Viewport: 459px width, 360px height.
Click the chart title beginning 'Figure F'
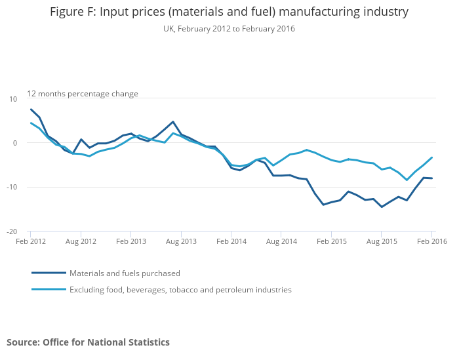(229, 12)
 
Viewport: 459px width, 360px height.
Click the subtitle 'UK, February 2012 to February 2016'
(229, 29)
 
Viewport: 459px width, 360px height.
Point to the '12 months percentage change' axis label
(83, 94)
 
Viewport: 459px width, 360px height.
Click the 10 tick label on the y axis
(13, 98)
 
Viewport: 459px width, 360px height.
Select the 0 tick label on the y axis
(15, 143)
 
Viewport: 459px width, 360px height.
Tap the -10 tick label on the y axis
(12, 188)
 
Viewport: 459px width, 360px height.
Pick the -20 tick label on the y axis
(12, 231)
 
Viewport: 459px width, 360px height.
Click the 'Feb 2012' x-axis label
(30, 242)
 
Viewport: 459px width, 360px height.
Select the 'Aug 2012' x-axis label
(81, 242)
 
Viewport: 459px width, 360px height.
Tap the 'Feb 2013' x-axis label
(130, 242)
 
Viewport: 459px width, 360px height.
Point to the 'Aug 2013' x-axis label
(181, 242)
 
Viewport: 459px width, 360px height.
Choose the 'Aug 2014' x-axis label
(281, 242)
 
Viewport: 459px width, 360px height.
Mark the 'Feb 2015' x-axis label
(331, 242)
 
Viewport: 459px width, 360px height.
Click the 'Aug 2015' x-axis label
(382, 242)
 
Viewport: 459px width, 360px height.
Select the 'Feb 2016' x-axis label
(431, 242)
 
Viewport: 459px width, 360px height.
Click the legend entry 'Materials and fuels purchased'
(125, 273)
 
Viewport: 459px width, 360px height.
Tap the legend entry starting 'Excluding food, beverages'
(180, 290)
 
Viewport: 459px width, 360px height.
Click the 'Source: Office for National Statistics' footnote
(88, 342)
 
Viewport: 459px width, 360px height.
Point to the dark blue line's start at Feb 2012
(31, 110)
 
